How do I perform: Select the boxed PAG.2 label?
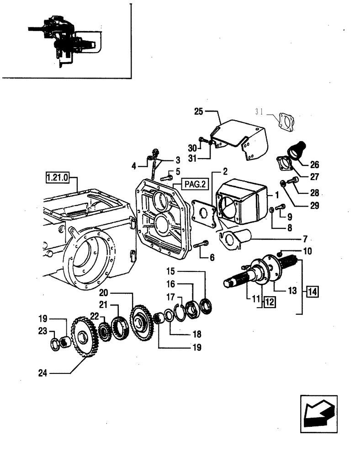coord(195,184)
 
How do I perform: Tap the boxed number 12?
coord(269,301)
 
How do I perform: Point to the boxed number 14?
coord(313,290)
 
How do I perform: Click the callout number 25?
coord(198,111)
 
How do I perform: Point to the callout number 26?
coord(314,165)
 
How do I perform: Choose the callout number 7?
coord(305,239)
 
